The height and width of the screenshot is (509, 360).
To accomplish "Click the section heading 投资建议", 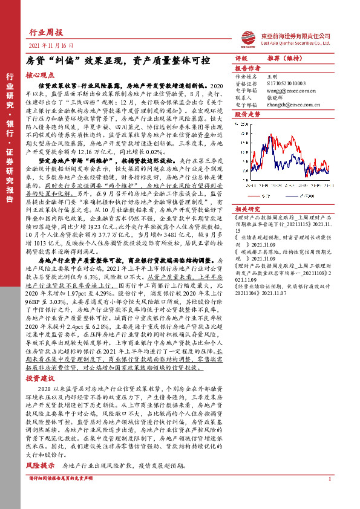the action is pos(40,377).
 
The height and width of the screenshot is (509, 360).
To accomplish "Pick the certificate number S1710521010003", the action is pos(285,83).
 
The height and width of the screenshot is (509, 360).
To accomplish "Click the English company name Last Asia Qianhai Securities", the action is pos(296,43).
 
